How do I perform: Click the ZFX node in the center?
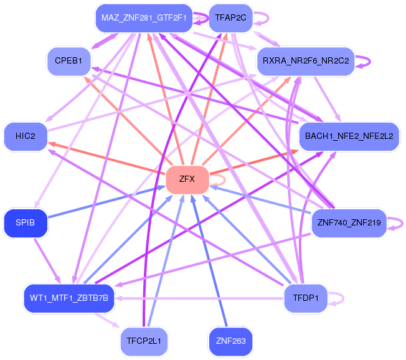pos(187,179)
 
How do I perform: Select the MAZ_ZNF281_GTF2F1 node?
pos(144,18)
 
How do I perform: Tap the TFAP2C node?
pos(230,18)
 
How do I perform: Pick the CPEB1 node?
pos(68,61)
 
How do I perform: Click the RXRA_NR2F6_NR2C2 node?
pos(306,61)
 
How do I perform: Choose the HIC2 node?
pos(26,136)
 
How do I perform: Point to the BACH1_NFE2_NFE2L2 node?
pos(349,136)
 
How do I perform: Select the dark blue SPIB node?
pos(26,223)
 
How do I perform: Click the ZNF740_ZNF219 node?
pos(349,223)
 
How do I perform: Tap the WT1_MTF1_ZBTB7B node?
pos(69,298)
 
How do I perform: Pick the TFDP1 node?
pos(306,298)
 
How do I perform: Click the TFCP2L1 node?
pos(144,341)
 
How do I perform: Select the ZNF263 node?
pos(230,341)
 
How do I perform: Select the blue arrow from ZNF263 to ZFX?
pos(209,261)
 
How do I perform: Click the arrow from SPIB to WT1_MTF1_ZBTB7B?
pos(47,261)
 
